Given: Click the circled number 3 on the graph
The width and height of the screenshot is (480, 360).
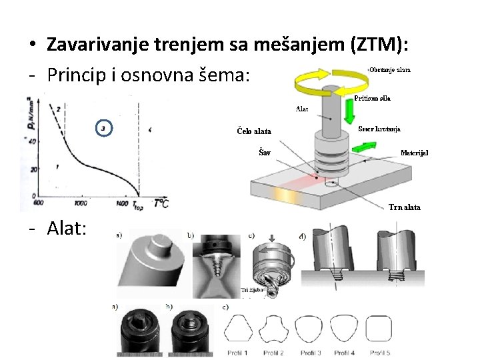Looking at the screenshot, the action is (x=102, y=127).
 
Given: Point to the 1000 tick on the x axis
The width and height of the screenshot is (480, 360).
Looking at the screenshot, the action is (x=81, y=203).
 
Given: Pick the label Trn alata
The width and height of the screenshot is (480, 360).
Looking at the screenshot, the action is (x=404, y=207).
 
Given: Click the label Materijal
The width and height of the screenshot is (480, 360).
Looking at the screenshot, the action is (x=414, y=153).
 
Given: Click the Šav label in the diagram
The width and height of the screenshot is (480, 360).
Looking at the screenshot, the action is (x=265, y=152).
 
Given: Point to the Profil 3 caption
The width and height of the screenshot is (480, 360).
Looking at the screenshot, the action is (x=311, y=353).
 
